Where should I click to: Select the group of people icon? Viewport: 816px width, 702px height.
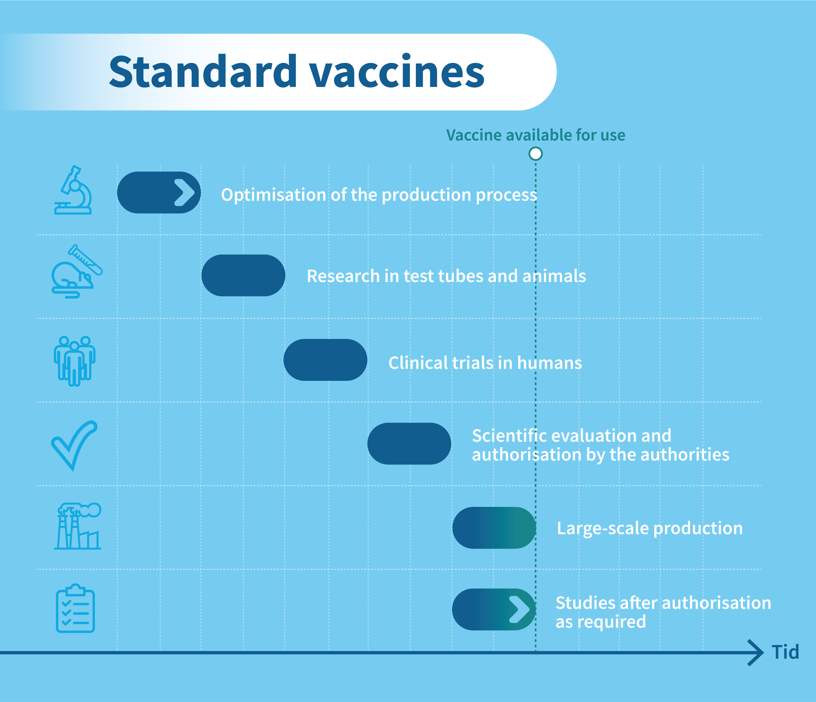(x=74, y=361)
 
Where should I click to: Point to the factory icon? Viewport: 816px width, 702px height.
(x=78, y=526)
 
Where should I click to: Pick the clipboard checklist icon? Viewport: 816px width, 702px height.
(x=75, y=608)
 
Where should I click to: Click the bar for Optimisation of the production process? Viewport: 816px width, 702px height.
(x=159, y=192)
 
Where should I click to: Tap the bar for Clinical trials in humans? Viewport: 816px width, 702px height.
(x=325, y=360)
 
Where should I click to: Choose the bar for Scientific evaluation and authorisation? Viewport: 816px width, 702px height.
(x=409, y=444)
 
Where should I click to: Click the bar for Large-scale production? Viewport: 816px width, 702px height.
(x=494, y=528)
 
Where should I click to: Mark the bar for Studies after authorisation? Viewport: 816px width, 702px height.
(x=494, y=610)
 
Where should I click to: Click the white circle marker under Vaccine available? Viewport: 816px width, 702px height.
(x=536, y=154)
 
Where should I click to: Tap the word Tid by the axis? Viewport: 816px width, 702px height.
(x=785, y=652)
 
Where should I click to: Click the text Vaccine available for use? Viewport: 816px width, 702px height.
(x=536, y=135)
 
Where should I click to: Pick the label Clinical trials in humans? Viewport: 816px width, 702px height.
(x=485, y=362)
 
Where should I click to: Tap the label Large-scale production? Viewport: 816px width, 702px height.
(x=650, y=528)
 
